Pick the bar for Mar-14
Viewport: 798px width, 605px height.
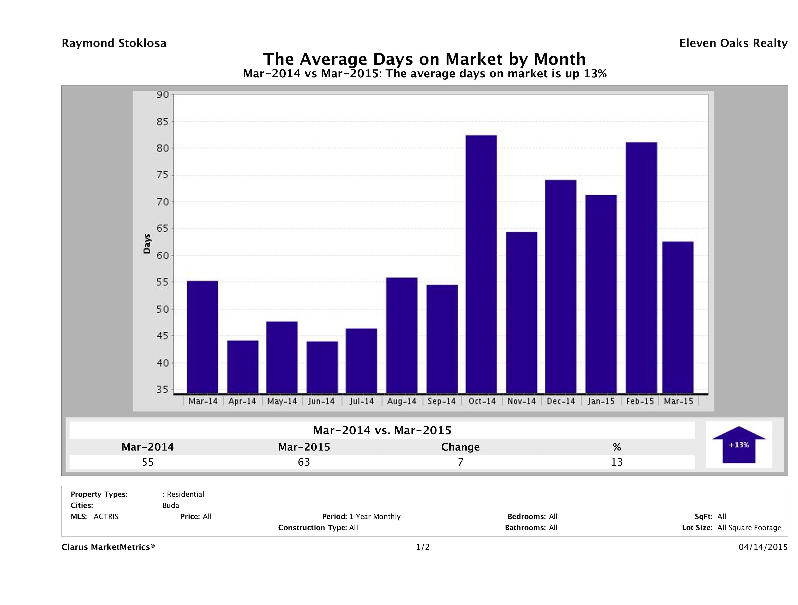202,337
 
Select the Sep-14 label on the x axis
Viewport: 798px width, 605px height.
442,401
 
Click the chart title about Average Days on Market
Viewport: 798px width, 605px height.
424,59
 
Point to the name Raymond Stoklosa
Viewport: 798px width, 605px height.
114,43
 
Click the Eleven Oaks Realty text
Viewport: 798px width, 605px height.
733,43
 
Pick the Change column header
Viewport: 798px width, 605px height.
460,447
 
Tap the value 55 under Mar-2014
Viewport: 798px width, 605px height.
148,462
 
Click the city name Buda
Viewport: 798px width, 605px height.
171,505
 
